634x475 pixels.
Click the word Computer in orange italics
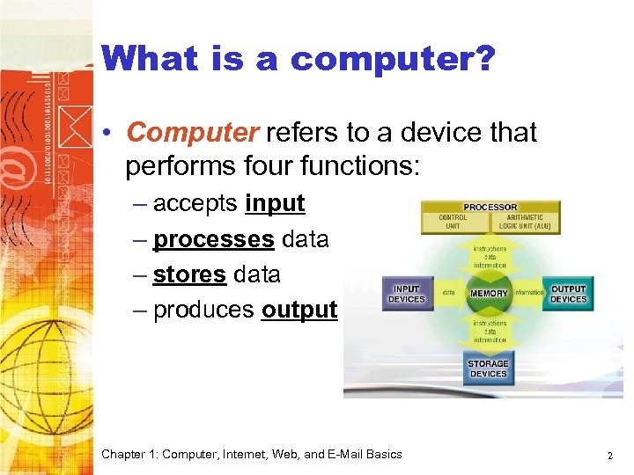tap(193, 133)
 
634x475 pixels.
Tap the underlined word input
tap(275, 203)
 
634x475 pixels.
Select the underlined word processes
tap(213, 239)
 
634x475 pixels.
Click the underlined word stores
tap(189, 274)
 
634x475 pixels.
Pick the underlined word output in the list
tap(299, 310)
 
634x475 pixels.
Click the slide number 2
tap(609, 455)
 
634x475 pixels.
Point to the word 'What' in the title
tap(151, 59)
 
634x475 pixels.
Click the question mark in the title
tap(485, 59)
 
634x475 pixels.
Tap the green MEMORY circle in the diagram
tap(489, 293)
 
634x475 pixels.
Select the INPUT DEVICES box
tap(407, 294)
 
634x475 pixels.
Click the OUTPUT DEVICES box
tap(569, 294)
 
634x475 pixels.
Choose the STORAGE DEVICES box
tap(488, 368)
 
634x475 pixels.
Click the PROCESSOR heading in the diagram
tap(490, 208)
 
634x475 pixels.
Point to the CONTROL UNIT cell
tap(453, 222)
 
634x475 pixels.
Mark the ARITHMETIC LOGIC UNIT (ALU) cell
tap(525, 222)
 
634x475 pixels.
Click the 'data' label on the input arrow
tap(448, 293)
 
